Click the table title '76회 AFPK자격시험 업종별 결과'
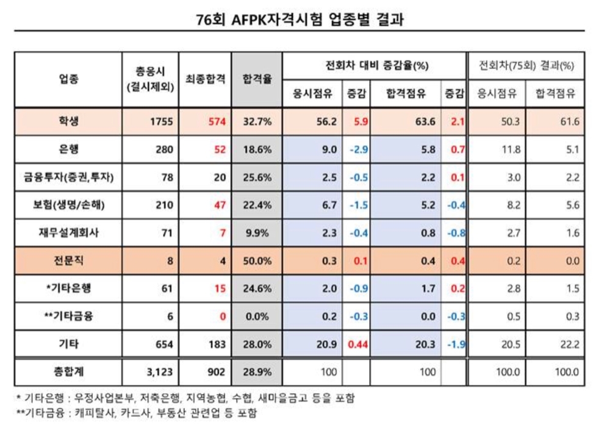pyautogui.click(x=301, y=20)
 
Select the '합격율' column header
pyautogui.click(x=257, y=79)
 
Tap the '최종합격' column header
pyautogui.click(x=206, y=79)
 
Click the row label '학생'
pyautogui.click(x=68, y=121)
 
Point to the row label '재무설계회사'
pyautogui.click(x=68, y=233)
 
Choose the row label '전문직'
pyautogui.click(x=68, y=261)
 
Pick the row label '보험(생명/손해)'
pyautogui.click(x=68, y=205)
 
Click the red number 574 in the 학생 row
pyautogui.click(x=217, y=121)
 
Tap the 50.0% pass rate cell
pyautogui.click(x=257, y=261)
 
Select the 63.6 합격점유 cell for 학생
pyautogui.click(x=425, y=121)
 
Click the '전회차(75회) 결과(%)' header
pyautogui.click(x=527, y=65)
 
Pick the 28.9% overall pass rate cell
pyautogui.click(x=257, y=372)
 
